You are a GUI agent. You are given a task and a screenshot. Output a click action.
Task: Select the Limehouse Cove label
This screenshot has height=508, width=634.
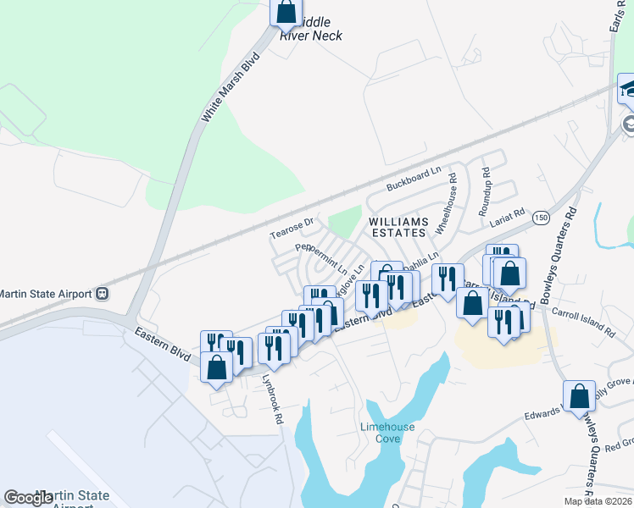387,433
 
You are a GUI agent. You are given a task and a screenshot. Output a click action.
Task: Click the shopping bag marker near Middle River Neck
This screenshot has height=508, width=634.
286,13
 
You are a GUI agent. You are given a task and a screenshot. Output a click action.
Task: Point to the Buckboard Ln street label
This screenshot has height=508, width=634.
414,177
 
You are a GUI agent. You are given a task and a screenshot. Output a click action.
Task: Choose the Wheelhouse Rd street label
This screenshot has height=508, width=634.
446,203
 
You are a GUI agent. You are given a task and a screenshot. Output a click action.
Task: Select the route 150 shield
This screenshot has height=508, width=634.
542,218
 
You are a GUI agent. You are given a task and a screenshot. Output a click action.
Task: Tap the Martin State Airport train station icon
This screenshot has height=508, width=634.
102,294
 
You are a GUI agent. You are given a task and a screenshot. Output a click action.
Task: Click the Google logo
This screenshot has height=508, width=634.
28,498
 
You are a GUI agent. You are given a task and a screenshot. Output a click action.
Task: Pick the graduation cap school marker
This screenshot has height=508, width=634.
629,88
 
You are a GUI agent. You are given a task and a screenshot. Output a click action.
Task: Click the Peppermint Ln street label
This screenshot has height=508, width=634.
321,257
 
